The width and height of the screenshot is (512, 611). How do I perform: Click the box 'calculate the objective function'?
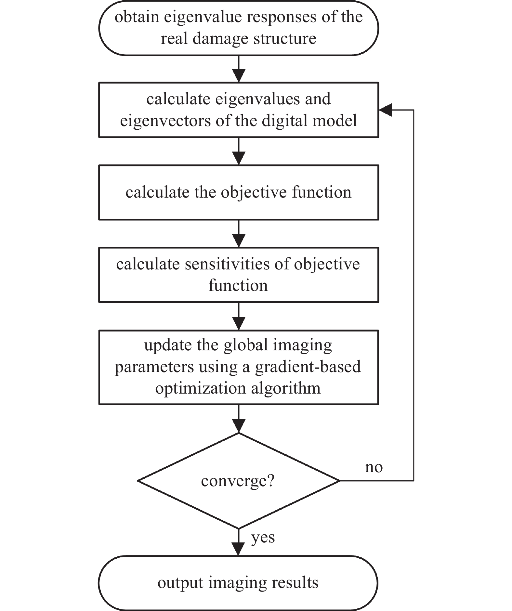click(239, 192)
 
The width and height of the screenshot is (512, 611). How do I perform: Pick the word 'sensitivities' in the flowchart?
click(227, 264)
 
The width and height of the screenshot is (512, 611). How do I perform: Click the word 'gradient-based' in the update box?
click(308, 367)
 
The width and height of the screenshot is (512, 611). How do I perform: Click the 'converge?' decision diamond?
click(239, 481)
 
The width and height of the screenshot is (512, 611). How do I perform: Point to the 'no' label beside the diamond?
click(374, 467)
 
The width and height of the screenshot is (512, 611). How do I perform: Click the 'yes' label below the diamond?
click(263, 538)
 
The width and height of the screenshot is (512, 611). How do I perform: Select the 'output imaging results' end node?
click(238, 583)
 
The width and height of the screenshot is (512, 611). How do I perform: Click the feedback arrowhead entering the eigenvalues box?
click(385, 110)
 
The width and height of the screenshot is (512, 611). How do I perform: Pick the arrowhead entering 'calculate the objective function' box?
click(239, 158)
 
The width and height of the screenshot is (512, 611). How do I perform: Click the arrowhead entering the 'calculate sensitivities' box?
click(239, 241)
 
